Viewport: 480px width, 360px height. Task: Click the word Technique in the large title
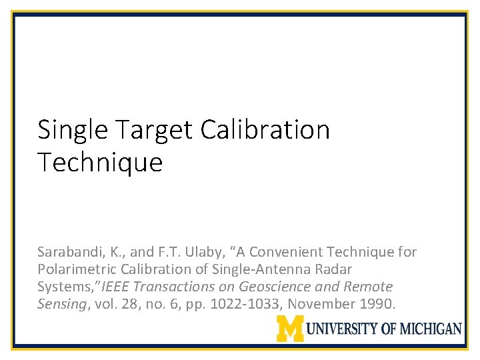100,162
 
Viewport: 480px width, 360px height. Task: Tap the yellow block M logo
290,328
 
